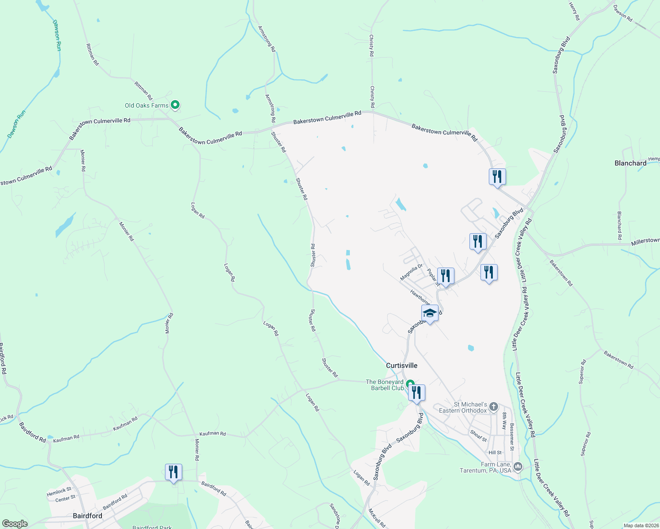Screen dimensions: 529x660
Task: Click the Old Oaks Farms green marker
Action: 175,105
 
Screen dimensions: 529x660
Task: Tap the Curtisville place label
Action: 401,365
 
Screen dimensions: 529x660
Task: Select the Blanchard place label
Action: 630,163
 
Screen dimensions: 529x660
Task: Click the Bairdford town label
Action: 87,515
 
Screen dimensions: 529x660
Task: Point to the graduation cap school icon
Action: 430,313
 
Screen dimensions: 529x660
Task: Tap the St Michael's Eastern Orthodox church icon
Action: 494,406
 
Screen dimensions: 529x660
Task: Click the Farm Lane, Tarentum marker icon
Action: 518,466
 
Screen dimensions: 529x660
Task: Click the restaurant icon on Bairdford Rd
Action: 173,472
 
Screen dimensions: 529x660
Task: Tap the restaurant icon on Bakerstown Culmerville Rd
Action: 497,177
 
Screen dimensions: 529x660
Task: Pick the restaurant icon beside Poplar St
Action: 446,276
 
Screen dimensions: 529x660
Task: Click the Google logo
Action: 15,523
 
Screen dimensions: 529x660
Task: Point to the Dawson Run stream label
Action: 56,35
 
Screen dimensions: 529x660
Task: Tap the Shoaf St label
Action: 478,436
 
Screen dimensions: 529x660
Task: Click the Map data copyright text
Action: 641,525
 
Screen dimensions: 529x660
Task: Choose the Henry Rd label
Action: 574,11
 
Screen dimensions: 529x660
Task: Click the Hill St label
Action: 495,453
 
